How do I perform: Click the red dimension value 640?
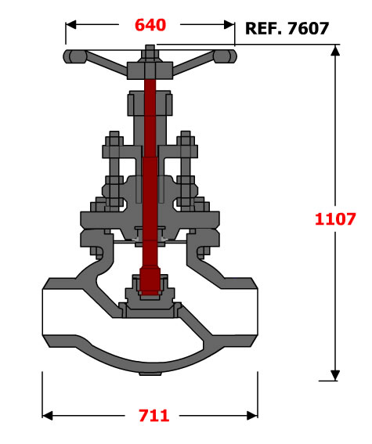tap(150, 25)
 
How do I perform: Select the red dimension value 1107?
tap(335, 219)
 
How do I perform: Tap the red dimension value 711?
tap(154, 416)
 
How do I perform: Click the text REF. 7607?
tap(287, 28)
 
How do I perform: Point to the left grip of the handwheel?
tap(74, 56)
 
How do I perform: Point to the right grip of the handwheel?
tap(225, 56)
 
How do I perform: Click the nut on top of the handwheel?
tap(150, 53)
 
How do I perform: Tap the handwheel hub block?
tap(150, 70)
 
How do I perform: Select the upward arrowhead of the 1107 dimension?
tap(335, 51)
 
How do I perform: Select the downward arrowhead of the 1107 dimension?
tap(335, 375)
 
